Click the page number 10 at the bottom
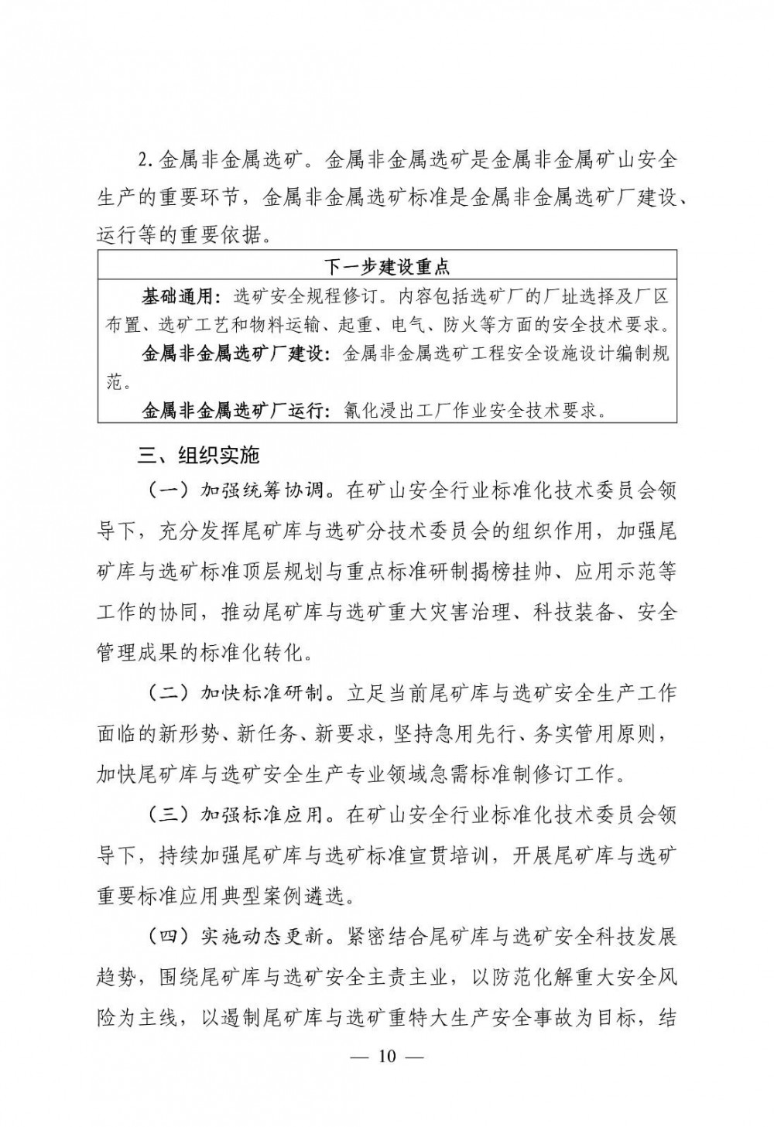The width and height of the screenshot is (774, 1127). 387,1057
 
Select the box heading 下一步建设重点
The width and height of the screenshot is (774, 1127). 387,268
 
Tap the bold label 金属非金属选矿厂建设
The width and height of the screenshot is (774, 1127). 236,353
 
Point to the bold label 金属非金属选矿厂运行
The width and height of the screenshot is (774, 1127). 236,410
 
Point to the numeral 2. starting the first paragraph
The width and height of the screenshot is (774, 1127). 147,162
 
